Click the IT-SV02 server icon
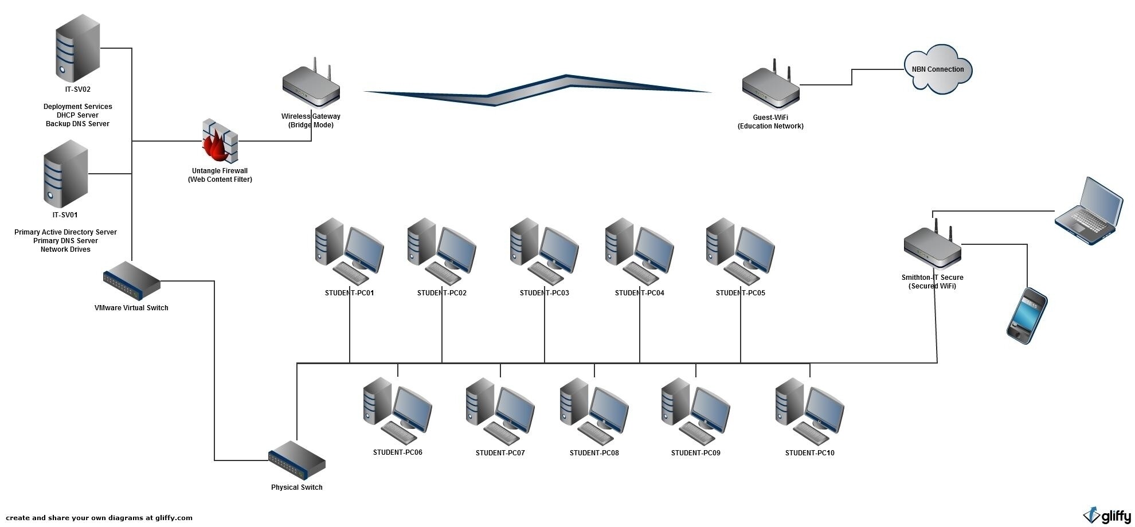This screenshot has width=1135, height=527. click(77, 49)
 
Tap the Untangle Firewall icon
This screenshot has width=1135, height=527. click(220, 142)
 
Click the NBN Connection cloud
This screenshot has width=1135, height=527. click(938, 69)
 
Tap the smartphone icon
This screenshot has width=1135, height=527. click(1027, 316)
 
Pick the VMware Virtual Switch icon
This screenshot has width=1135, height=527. click(131, 281)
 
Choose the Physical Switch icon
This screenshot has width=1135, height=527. click(296, 460)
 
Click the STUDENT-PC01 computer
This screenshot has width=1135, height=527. click(349, 251)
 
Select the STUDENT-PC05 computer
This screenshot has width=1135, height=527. click(740, 251)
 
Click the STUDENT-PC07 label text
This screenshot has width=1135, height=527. click(500, 453)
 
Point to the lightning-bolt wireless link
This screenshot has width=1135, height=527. click(533, 90)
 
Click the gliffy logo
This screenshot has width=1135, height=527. click(1107, 516)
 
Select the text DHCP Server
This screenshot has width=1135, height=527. click(77, 115)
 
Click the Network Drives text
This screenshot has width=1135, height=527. click(65, 249)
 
